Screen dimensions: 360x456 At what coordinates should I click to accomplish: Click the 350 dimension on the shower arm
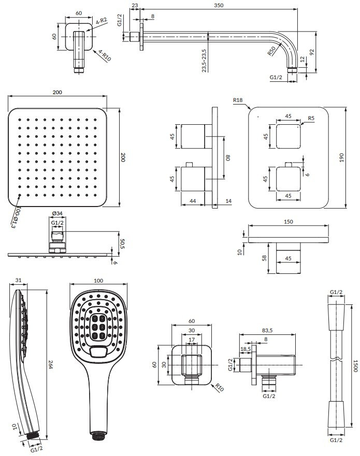point(219,5)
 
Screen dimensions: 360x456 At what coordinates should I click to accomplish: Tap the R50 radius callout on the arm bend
point(271,51)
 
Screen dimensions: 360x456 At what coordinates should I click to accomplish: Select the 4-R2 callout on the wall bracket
point(102,21)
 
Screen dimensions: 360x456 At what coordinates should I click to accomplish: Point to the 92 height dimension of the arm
point(312,52)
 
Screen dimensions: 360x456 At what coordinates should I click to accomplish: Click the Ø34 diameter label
point(57,213)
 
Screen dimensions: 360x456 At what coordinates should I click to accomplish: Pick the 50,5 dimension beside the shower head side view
point(122,244)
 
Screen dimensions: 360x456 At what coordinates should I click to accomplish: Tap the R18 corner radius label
point(238,100)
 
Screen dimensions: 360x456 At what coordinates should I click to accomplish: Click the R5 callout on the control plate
point(311,119)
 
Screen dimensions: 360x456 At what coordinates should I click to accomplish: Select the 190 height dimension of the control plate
point(342,157)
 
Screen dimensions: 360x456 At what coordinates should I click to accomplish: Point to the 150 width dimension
point(288,222)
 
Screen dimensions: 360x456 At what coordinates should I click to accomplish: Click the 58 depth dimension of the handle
point(264,258)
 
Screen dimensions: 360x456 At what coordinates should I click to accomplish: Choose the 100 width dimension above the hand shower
point(98,281)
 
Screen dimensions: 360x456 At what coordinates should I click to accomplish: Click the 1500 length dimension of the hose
point(355,365)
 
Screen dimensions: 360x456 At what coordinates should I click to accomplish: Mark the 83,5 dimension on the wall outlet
point(267,330)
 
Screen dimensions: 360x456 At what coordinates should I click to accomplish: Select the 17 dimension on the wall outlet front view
point(192,340)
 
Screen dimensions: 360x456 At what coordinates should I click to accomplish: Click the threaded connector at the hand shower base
point(99,436)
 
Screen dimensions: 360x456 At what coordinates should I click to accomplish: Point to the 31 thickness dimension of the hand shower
point(18,281)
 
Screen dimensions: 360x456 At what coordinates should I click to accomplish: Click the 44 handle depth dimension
point(192,201)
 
